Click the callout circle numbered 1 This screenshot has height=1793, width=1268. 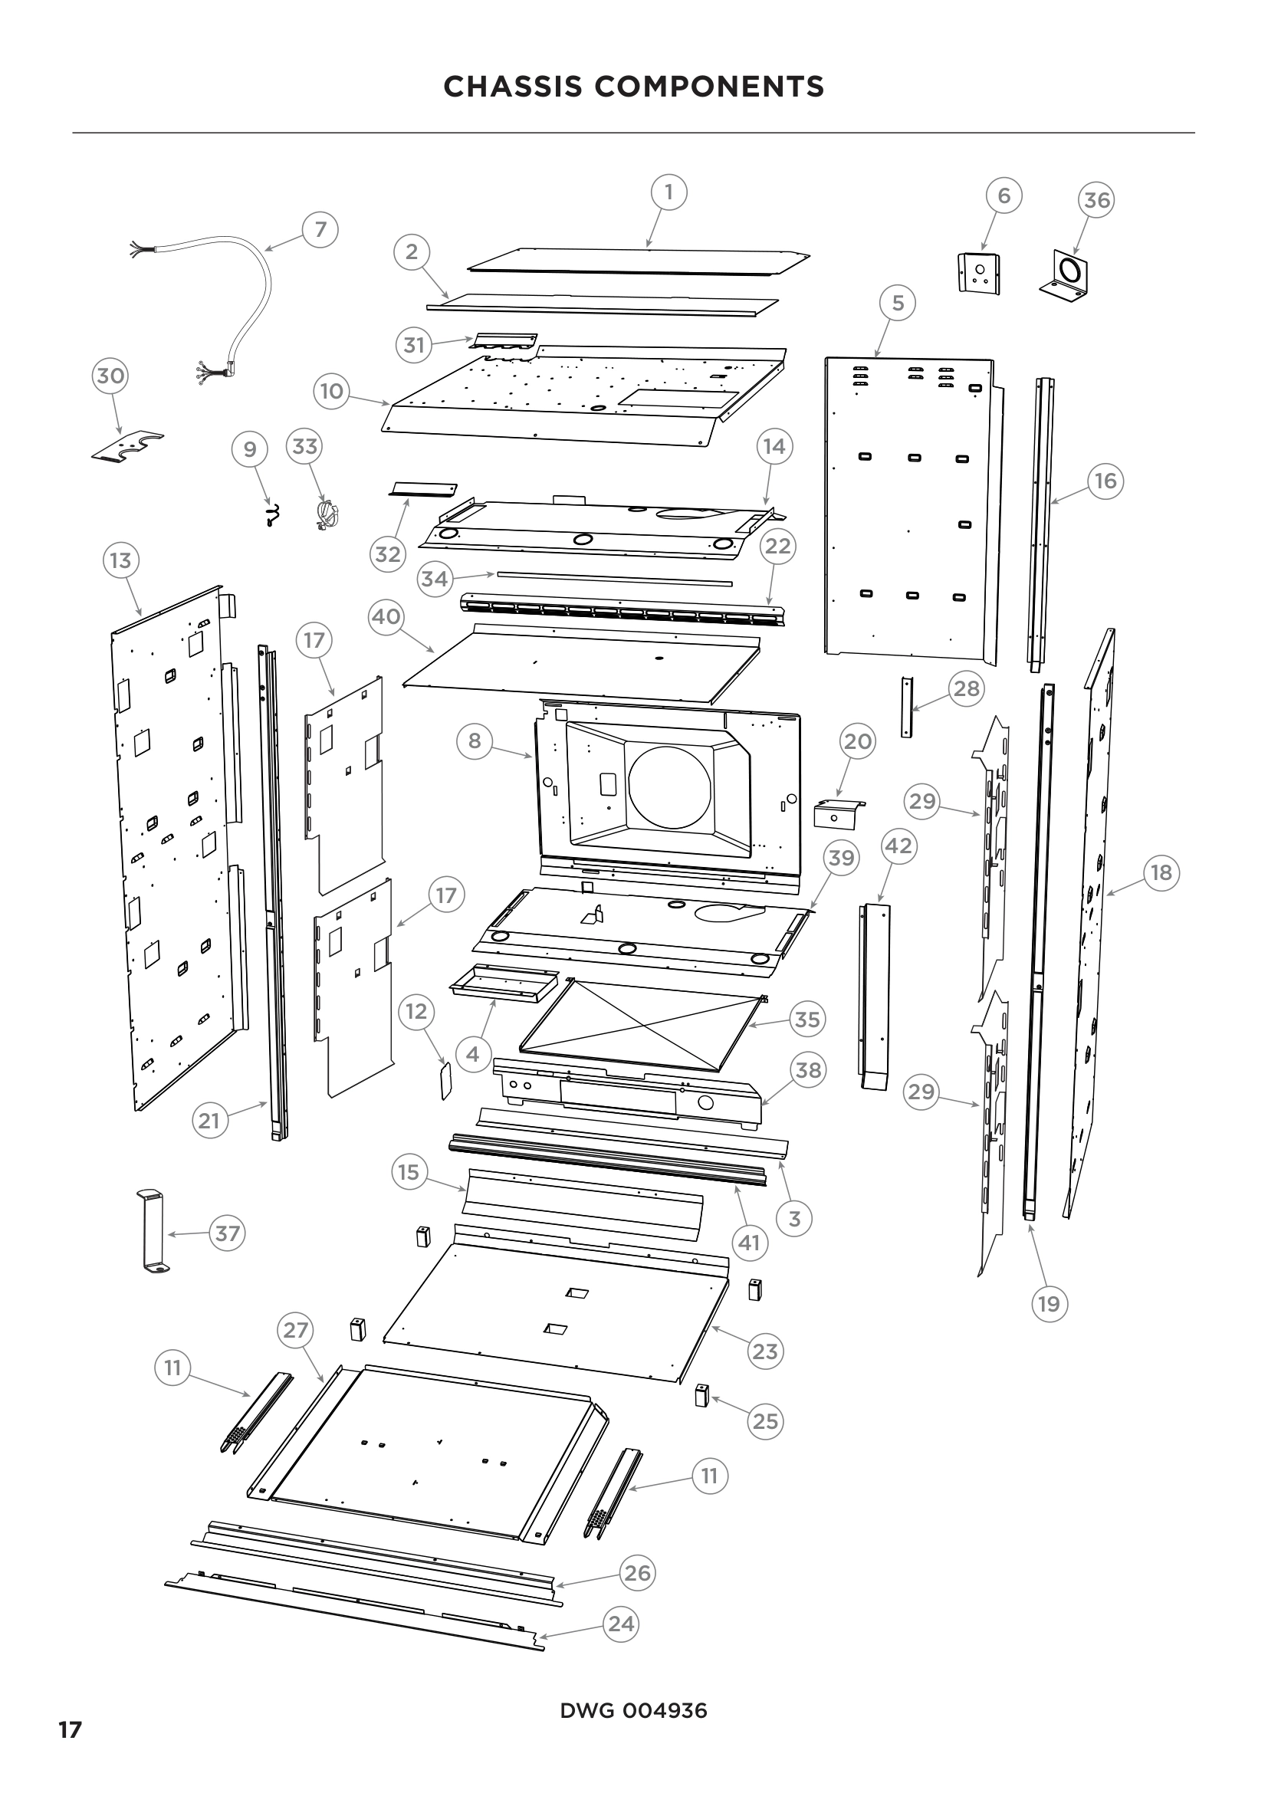tap(668, 192)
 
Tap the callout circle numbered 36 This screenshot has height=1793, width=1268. tap(1096, 201)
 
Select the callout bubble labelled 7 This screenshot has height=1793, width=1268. tap(320, 230)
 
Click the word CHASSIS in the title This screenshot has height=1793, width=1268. tap(512, 87)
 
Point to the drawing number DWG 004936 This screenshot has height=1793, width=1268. tap(633, 1711)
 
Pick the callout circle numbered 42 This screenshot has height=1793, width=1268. tap(898, 846)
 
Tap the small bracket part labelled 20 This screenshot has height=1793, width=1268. tap(837, 814)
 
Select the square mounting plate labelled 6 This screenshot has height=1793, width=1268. tap(979, 274)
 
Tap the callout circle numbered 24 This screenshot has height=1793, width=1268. tap(621, 1624)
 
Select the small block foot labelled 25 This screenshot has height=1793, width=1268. tap(701, 1394)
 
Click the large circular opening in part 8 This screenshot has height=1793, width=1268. tap(670, 786)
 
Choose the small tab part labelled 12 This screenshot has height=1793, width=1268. tap(446, 1080)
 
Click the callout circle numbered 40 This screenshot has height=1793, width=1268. tap(386, 617)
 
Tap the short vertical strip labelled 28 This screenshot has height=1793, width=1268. tap(906, 707)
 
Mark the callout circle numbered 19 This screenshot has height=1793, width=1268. tap(1049, 1303)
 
